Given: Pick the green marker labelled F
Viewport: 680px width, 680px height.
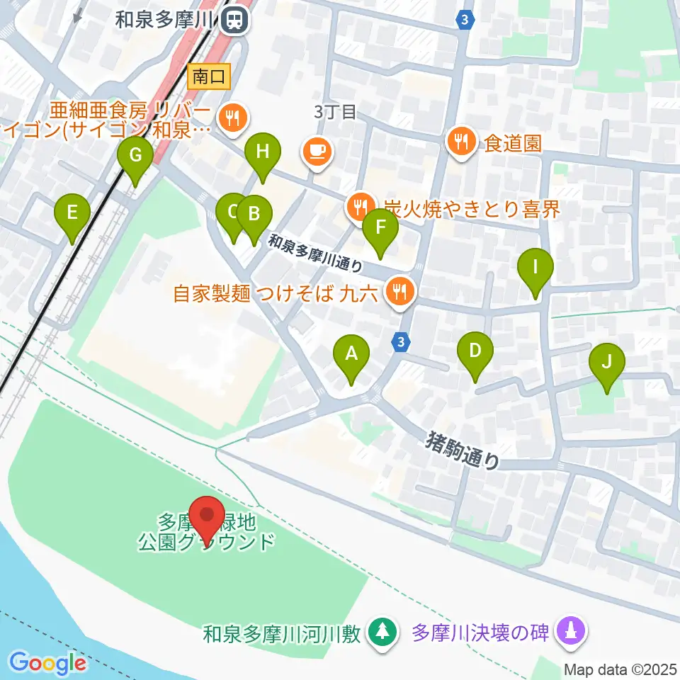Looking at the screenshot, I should pos(380,232).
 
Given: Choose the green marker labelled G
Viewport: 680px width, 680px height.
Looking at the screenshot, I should pos(135,159).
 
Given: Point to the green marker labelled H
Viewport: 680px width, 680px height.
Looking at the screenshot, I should pos(263,155).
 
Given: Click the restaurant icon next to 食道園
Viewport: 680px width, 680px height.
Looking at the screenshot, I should pos(462,141).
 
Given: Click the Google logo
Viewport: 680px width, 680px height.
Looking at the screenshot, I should pos(48,664).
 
